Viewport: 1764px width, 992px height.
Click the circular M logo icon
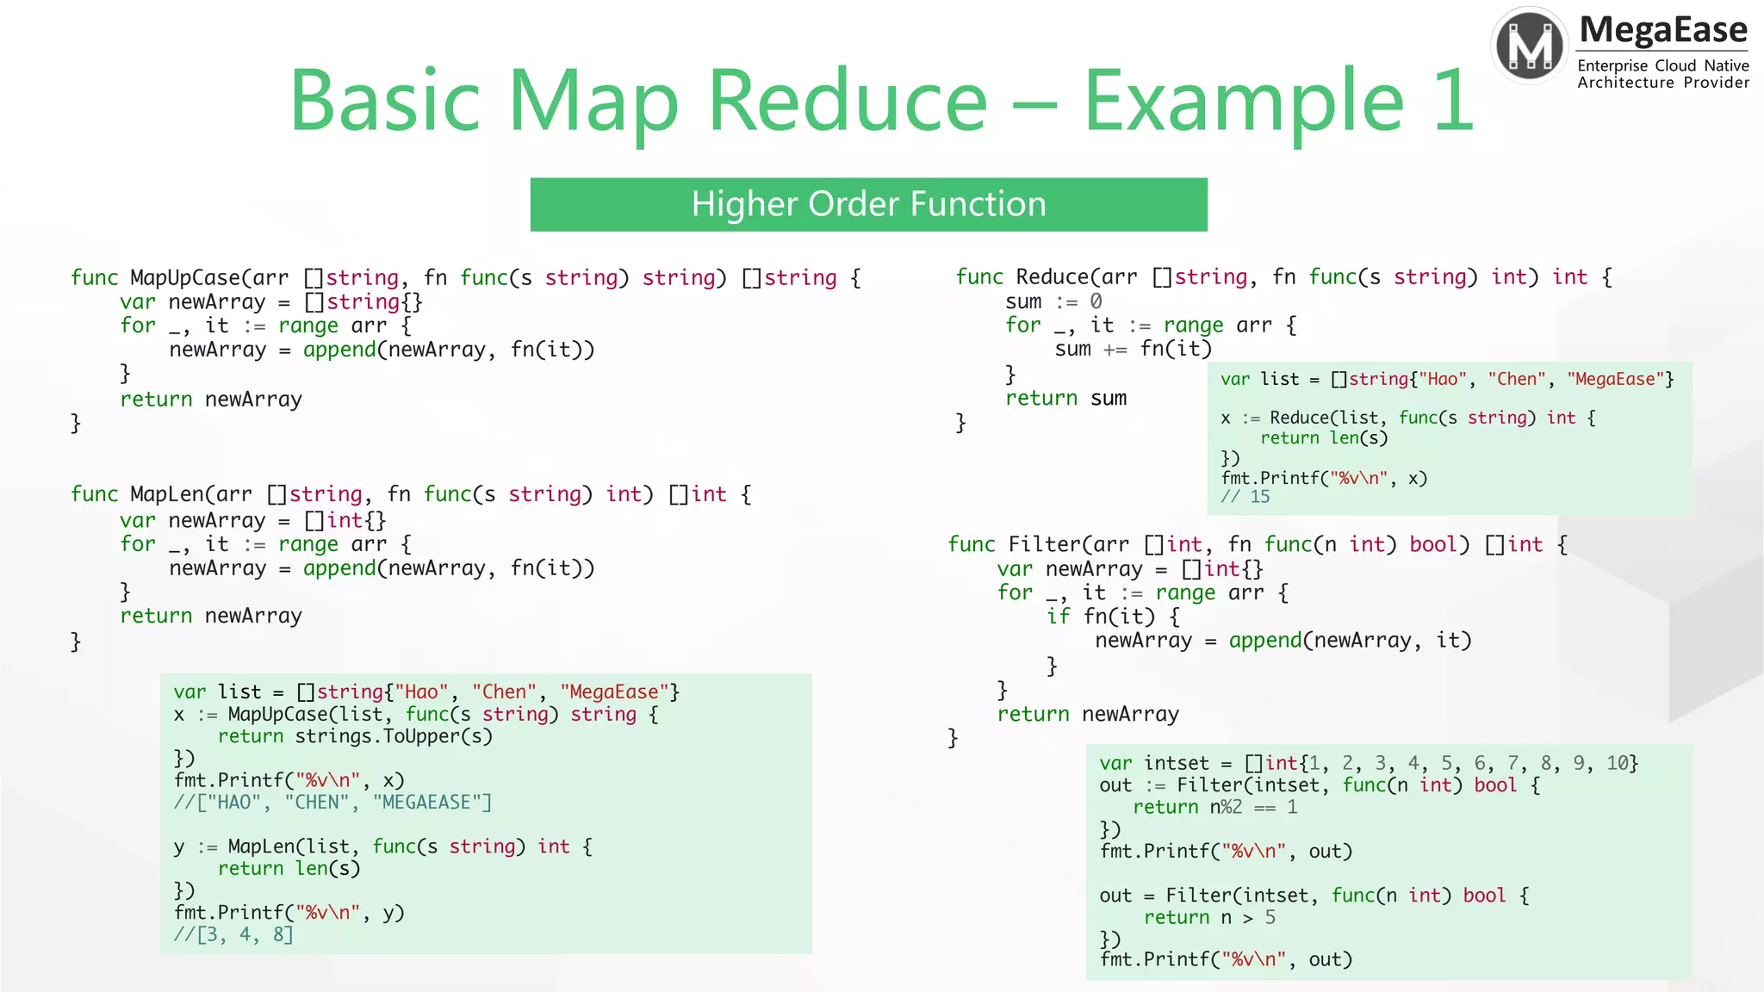coord(1530,46)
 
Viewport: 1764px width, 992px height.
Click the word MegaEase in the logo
coord(1663,29)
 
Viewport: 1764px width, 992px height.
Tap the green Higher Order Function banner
coord(868,204)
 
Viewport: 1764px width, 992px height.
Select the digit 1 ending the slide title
coord(1453,101)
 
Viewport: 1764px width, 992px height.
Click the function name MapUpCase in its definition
coord(185,277)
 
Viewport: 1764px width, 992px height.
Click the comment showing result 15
coord(1245,497)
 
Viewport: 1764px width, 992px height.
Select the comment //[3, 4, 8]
coord(233,934)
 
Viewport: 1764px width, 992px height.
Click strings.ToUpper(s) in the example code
coord(394,736)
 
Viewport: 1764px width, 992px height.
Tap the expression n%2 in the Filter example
coord(1226,807)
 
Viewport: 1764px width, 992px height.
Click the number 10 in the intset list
coord(1617,763)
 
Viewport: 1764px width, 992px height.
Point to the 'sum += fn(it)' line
coord(1133,349)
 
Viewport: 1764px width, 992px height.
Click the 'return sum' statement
coord(1065,398)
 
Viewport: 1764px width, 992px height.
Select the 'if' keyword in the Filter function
coord(1058,617)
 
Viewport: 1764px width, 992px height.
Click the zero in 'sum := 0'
coord(1096,301)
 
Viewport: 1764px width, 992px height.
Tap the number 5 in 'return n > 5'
coord(1270,918)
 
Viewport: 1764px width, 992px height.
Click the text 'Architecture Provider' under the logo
coord(1662,83)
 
